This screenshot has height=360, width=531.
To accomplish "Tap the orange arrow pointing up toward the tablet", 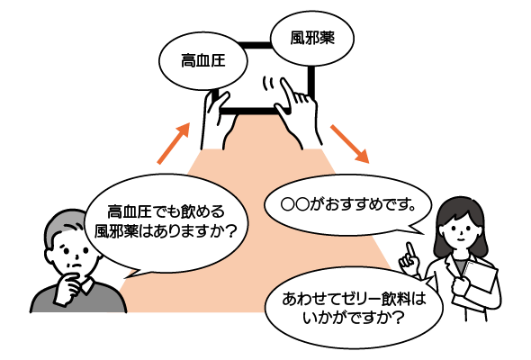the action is [174, 144].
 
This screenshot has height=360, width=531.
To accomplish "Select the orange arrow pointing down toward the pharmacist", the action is [350, 144].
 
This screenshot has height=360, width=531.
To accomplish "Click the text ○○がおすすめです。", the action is [348, 204].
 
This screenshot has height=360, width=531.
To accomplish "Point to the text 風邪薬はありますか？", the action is [165, 231].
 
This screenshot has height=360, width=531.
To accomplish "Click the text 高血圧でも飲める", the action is [166, 212].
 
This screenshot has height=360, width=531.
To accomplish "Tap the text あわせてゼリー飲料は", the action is [354, 299].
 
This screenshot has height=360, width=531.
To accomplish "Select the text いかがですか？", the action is [353, 319].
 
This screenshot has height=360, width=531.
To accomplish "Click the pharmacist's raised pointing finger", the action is [410, 251].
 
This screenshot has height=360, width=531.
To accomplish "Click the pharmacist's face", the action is [461, 229].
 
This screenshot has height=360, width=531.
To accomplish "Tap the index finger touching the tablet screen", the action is [285, 91].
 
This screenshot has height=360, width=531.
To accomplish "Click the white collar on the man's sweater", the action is [89, 285].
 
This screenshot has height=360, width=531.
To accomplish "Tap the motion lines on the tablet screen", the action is [268, 84].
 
